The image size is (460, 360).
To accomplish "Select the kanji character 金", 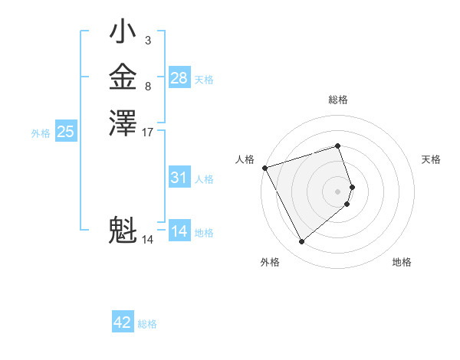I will [x=123, y=79].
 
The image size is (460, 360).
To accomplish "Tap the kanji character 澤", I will [x=123, y=123].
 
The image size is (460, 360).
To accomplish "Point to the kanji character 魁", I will [x=123, y=230].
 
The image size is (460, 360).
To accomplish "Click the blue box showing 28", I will [x=179, y=78].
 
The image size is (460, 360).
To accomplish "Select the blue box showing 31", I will [x=179, y=178].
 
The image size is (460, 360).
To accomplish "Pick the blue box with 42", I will [x=123, y=322].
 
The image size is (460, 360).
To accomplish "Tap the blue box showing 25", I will [x=65, y=132].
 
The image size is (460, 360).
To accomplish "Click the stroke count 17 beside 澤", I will [x=148, y=133].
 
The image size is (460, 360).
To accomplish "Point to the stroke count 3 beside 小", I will [x=148, y=40].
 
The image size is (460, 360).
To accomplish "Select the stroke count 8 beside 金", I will [x=148, y=87].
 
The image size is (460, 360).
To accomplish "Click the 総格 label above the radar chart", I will [x=338, y=100].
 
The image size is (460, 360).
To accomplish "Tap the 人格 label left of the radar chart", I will [x=245, y=159].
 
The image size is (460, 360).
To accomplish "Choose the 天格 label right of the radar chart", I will [x=432, y=159].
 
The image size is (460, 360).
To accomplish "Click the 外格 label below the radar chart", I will [x=270, y=262].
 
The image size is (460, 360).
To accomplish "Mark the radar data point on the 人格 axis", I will [x=264, y=167].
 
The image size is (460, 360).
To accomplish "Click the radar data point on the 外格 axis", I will [x=302, y=241].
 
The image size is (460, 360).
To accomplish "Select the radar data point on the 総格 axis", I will [x=338, y=146].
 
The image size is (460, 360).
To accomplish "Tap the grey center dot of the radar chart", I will [x=338, y=191].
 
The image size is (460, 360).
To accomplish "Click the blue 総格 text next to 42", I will [x=147, y=324].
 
